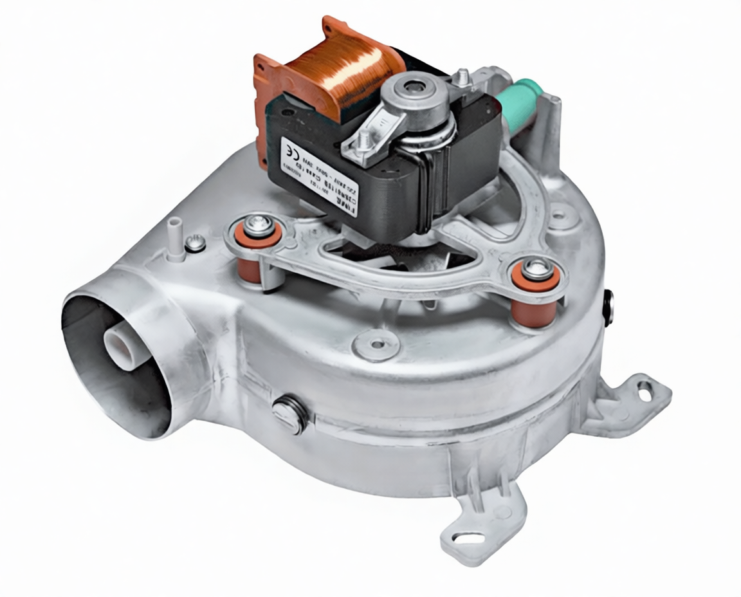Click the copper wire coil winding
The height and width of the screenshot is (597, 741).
point(343,71)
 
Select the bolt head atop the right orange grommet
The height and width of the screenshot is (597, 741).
point(536,267)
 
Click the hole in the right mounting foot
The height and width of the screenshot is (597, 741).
point(644,388)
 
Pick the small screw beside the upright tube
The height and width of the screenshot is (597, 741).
point(195,243)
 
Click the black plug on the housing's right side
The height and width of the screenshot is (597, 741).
point(608,308)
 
